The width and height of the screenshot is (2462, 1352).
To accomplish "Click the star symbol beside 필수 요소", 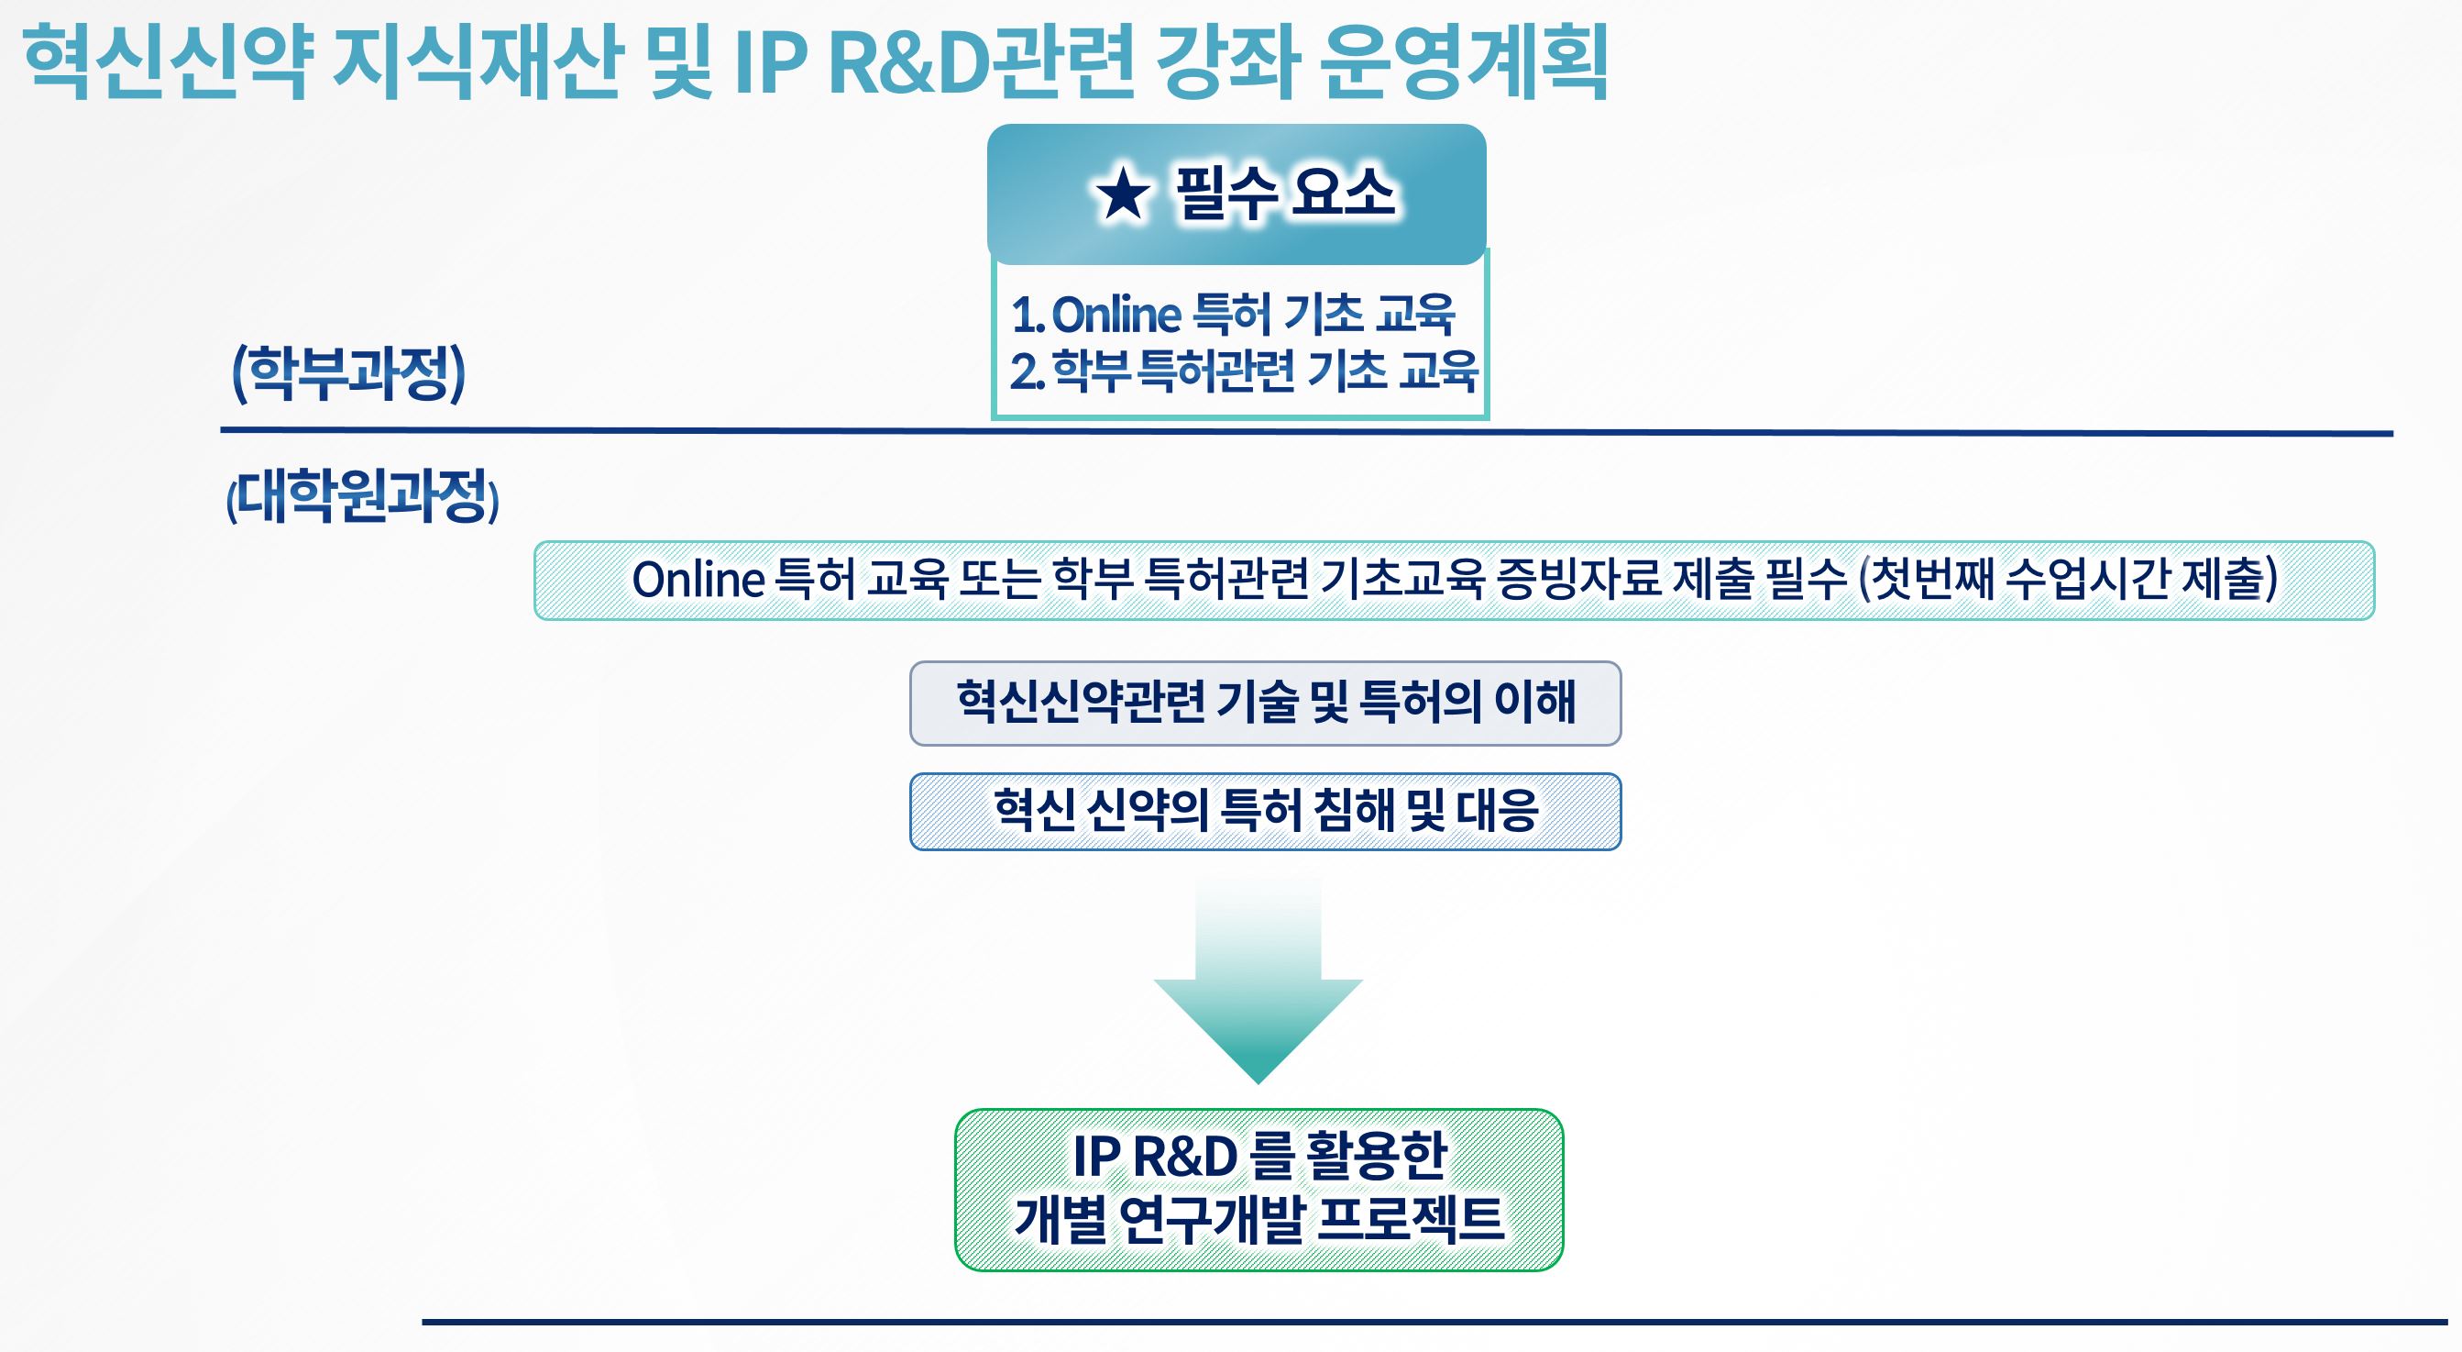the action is click(1122, 194).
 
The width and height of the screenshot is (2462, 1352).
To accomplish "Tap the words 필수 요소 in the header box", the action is click(1285, 194).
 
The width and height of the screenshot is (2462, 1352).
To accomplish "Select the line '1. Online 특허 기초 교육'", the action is click(1233, 314).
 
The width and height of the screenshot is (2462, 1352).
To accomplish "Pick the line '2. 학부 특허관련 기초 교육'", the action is click(1245, 371).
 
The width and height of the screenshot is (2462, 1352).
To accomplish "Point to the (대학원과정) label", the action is click(363, 495).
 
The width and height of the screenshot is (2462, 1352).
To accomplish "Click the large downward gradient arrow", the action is click(1258, 980).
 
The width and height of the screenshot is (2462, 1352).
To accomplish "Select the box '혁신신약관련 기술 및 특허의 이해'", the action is click(1266, 703).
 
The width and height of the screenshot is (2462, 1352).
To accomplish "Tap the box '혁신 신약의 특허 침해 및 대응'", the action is click(1266, 811).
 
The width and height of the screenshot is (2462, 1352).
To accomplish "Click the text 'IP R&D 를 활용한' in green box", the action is click(1259, 1155).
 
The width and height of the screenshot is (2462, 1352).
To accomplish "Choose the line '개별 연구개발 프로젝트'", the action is click(1259, 1218).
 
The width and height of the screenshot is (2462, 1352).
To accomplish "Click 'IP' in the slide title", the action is click(771, 63).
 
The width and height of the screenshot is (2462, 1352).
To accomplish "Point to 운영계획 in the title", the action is click(1463, 63).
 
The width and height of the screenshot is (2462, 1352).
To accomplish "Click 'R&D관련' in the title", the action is click(982, 63).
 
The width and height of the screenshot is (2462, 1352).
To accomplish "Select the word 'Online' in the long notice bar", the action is click(698, 580).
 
